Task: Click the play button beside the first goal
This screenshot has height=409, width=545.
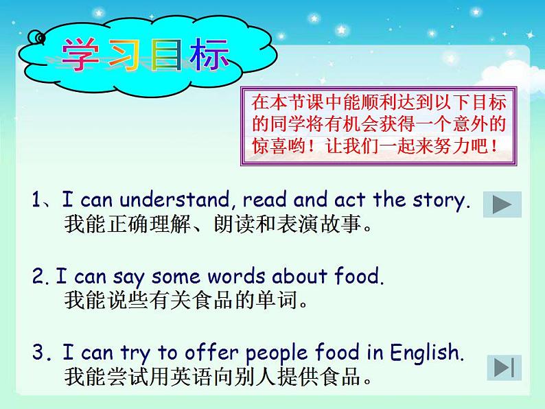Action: [x=502, y=204]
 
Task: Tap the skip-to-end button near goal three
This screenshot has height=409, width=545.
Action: [x=505, y=367]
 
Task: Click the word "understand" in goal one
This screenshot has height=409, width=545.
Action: [x=174, y=200]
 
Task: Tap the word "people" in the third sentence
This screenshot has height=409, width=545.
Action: [x=277, y=353]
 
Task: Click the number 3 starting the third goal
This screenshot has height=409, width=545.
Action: [x=38, y=351]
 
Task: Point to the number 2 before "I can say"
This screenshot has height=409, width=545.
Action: [x=37, y=276]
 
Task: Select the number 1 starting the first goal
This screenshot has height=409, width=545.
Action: [x=36, y=200]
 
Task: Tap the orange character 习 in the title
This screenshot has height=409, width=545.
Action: [x=124, y=56]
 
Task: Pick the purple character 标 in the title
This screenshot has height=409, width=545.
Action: [x=209, y=55]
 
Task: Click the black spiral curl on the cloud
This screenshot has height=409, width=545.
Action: [x=36, y=37]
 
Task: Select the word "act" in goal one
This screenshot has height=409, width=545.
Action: [x=349, y=200]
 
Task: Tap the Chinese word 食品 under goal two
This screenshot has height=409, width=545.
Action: [x=213, y=301]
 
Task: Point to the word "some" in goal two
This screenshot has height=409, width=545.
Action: [x=176, y=277]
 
